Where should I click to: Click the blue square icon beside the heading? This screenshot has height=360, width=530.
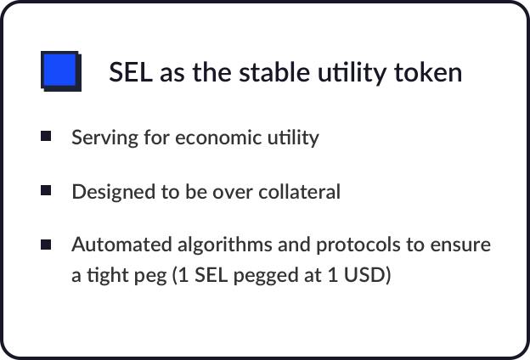(61, 71)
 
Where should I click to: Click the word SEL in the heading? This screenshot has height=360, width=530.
(131, 72)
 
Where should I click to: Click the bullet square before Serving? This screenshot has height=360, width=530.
(46, 136)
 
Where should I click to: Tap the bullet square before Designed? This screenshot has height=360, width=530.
(46, 190)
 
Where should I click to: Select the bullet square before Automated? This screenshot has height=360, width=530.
(46, 245)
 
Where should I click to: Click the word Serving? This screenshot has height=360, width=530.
(104, 138)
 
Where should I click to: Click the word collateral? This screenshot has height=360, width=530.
(300, 192)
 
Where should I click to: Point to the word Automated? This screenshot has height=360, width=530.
(122, 245)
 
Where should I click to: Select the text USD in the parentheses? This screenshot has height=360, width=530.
(364, 274)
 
